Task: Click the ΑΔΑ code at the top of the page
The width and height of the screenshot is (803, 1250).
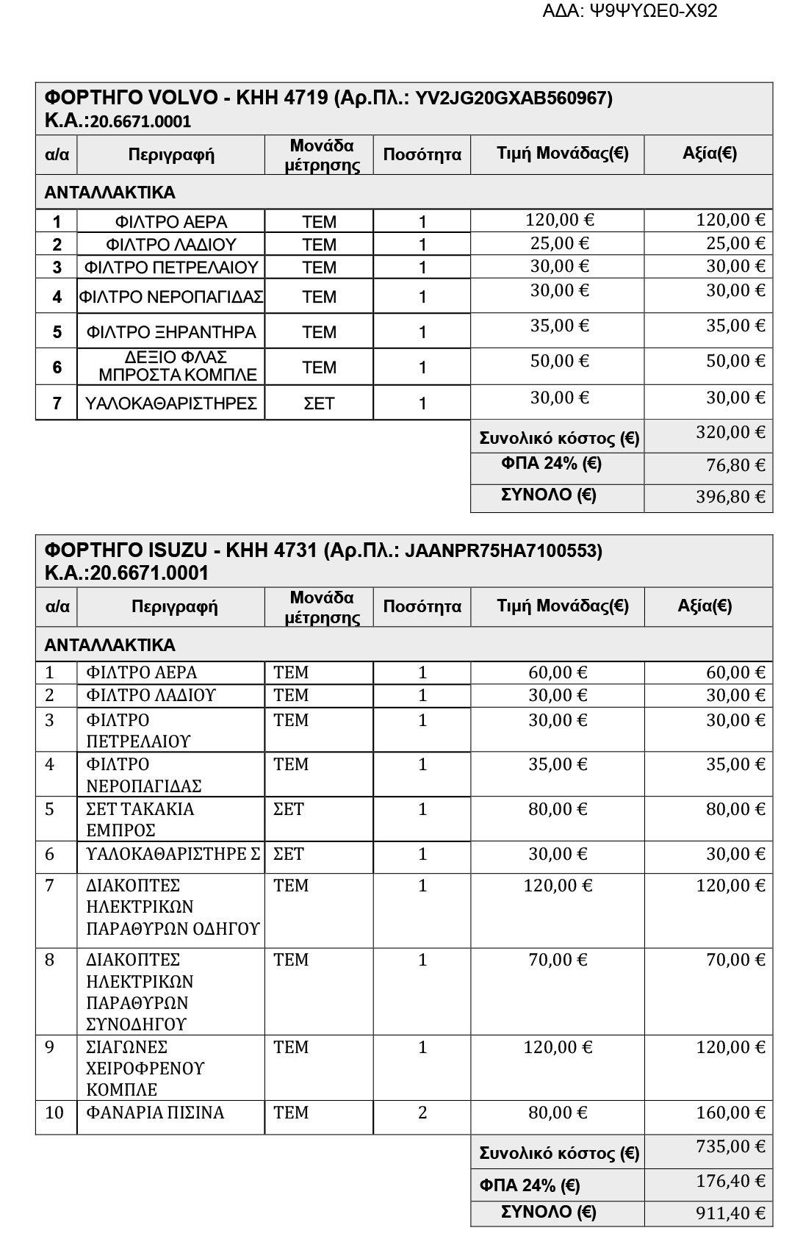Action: [629, 11]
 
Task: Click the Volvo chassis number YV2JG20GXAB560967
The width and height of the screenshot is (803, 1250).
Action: [514, 98]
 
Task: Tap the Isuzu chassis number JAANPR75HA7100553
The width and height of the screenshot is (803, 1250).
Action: [503, 550]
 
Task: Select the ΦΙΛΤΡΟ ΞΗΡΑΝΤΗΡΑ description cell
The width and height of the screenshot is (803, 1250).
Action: [171, 332]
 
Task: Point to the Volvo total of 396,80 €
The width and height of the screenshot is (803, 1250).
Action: [730, 497]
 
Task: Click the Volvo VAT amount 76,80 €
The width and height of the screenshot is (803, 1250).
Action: [730, 465]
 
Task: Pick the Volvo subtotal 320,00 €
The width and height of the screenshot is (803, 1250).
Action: [730, 432]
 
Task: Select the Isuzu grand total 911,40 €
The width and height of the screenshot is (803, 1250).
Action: [730, 1213]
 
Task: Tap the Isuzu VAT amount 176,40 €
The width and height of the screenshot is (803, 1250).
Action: [730, 1181]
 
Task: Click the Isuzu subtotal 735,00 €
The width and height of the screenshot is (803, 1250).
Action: [730, 1146]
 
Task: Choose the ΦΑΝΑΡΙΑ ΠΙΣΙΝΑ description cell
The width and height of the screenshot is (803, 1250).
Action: [155, 1113]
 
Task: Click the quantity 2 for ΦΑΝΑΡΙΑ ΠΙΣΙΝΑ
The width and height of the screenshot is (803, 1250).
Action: [422, 1113]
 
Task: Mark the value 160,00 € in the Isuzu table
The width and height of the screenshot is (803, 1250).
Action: [730, 1113]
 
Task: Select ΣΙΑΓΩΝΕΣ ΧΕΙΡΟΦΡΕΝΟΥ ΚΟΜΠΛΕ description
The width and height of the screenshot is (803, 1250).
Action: [145, 1068]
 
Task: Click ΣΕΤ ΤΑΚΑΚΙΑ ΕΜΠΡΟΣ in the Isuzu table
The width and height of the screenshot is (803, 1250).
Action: [140, 819]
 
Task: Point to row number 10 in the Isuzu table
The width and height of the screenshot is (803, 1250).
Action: [54, 1113]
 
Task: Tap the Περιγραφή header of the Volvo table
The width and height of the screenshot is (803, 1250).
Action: [171, 154]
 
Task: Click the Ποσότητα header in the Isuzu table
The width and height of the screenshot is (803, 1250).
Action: [422, 606]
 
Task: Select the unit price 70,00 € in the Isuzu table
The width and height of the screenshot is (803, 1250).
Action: [558, 960]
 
